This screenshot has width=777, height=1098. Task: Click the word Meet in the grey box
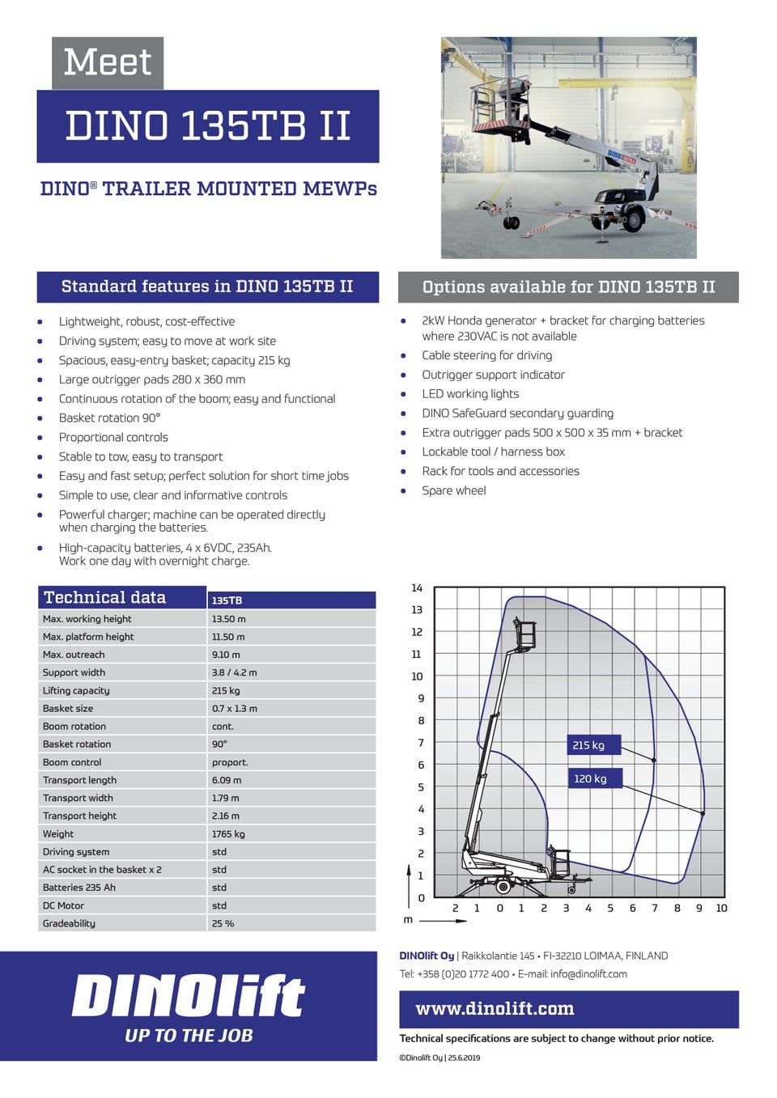pyautogui.click(x=108, y=62)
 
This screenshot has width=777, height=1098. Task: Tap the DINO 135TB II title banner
pyautogui.click(x=207, y=126)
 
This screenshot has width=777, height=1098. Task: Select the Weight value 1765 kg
pyautogui.click(x=228, y=834)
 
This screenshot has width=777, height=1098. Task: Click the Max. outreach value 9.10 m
pyautogui.click(x=226, y=655)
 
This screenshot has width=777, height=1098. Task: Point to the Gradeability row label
pyautogui.click(x=69, y=923)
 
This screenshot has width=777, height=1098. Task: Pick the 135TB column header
pyautogui.click(x=227, y=600)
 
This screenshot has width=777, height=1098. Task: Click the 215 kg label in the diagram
pyautogui.click(x=588, y=745)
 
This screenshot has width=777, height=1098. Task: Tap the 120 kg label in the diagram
pyautogui.click(x=590, y=778)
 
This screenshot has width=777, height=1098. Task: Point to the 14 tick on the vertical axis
pyautogui.click(x=417, y=588)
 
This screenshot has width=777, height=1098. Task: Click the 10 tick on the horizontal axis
pyautogui.click(x=721, y=908)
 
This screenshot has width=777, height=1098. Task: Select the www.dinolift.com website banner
pyautogui.click(x=495, y=1009)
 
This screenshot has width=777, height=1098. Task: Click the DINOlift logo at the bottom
pyautogui.click(x=189, y=996)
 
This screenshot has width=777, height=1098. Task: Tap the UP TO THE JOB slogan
pyautogui.click(x=189, y=1036)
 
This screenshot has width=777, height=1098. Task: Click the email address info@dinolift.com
pyautogui.click(x=588, y=974)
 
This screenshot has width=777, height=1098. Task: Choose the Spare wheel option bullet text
pyautogui.click(x=454, y=490)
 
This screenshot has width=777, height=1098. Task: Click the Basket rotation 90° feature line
pyautogui.click(x=109, y=418)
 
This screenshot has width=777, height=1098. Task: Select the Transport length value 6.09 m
pyautogui.click(x=227, y=780)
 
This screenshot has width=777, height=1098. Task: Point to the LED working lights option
pyautogui.click(x=470, y=394)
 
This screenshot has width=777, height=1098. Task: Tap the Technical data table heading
pyautogui.click(x=105, y=598)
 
